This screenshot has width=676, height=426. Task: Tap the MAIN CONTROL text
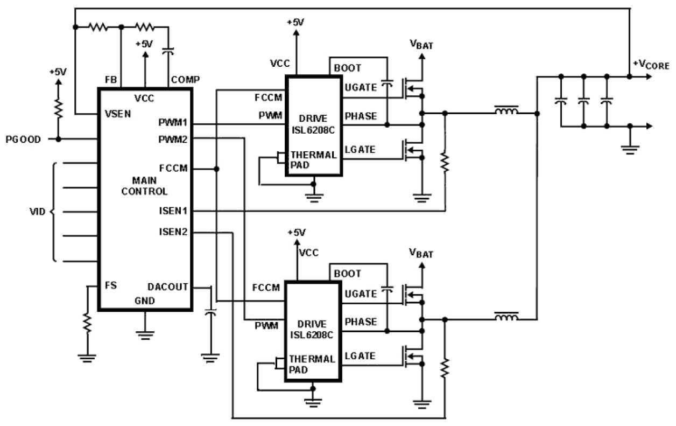click(x=144, y=186)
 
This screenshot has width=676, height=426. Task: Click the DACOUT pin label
click(x=168, y=287)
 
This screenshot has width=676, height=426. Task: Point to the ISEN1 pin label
click(x=173, y=211)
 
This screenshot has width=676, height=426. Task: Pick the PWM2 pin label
click(x=174, y=139)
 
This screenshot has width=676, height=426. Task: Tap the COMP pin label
click(x=185, y=80)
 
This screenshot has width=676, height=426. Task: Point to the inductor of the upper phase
click(x=506, y=112)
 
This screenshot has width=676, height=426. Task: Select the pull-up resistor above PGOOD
click(x=58, y=108)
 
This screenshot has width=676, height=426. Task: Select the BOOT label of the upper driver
click(x=348, y=68)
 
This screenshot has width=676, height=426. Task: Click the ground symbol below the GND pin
click(x=145, y=334)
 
